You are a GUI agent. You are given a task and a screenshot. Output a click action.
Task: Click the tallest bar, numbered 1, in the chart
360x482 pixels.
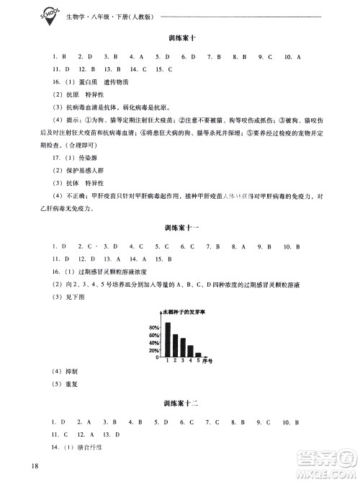click(x=168, y=339)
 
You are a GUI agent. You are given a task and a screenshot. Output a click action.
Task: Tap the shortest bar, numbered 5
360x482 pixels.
click(x=198, y=354)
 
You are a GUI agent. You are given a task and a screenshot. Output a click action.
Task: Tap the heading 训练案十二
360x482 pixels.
click(x=181, y=403)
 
